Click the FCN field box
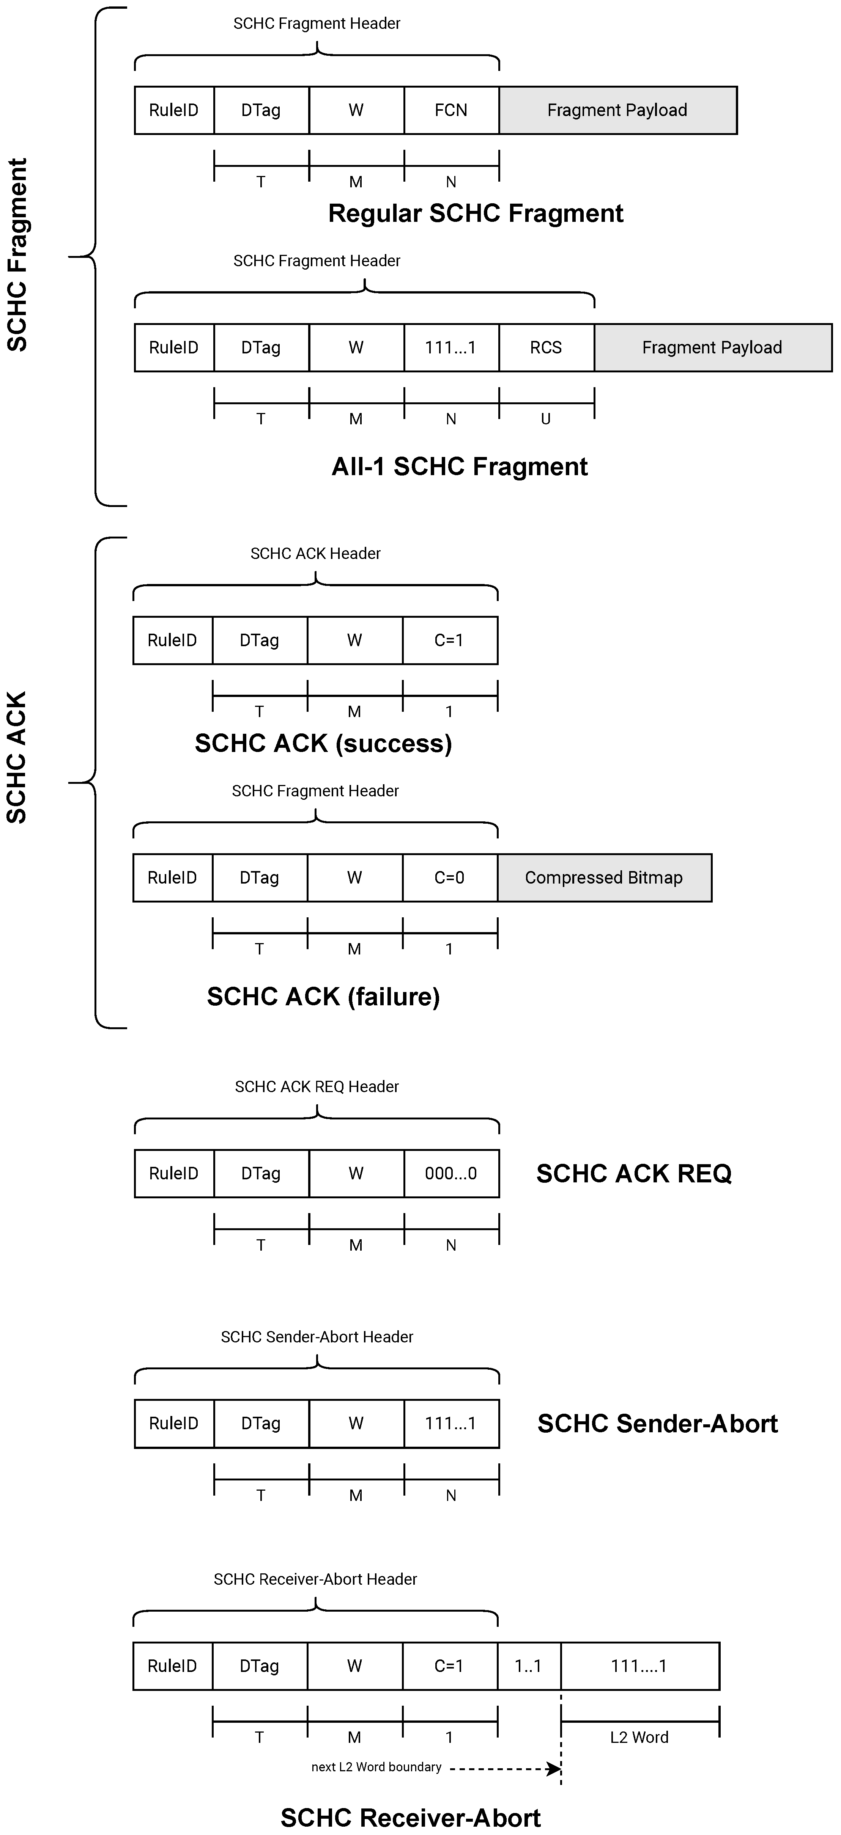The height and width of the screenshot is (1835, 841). coord(451,110)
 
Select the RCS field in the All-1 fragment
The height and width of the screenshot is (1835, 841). coord(546,348)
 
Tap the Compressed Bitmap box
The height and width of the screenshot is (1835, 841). coord(604,877)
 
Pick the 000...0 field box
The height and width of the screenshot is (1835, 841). coord(451,1173)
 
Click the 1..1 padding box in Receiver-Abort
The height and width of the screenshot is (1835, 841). coord(528,1665)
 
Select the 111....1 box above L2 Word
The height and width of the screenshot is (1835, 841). coord(639,1665)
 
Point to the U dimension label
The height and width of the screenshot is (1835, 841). coord(546,419)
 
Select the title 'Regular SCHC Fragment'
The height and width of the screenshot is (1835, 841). coord(476,213)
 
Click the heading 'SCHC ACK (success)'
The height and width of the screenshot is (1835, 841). coord(324,743)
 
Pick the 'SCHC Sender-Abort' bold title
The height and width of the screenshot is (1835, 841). coord(657,1423)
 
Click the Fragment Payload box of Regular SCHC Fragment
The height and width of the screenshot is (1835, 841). coord(617,110)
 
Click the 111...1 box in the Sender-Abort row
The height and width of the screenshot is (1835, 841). coord(451,1423)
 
